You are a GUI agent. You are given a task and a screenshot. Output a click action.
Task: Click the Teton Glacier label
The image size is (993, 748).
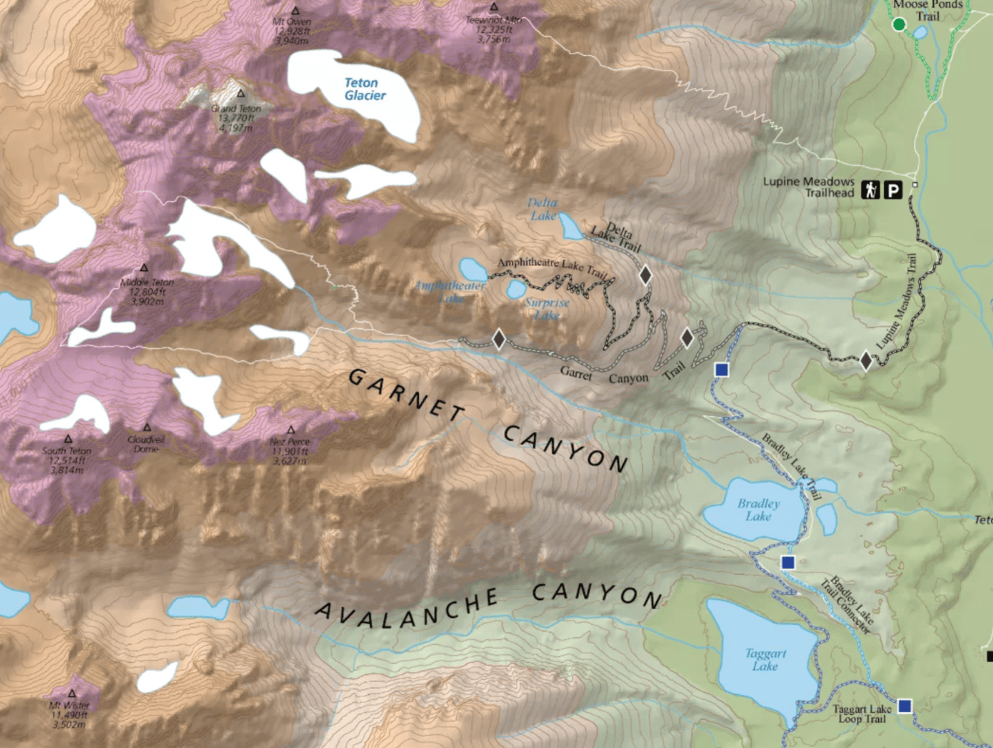tap(364, 89)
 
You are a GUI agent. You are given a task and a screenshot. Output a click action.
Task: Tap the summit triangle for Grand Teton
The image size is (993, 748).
tap(241, 93)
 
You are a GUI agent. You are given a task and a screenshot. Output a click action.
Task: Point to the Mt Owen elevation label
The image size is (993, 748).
tap(292, 32)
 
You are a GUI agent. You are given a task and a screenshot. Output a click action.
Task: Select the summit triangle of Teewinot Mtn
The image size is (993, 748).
tap(493, 8)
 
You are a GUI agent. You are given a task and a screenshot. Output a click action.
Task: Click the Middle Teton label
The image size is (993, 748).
tap(147, 283)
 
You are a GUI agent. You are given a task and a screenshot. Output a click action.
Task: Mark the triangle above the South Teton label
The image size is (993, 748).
tap(68, 439)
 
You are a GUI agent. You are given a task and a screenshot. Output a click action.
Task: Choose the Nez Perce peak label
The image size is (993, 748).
tap(290, 442)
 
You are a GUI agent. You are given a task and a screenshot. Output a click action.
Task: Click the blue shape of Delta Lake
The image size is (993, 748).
tap(571, 226)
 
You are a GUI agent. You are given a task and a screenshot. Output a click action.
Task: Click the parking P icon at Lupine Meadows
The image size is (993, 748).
tap(893, 190)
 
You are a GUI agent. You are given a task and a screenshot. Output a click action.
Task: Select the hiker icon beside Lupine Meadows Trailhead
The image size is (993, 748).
tap(871, 190)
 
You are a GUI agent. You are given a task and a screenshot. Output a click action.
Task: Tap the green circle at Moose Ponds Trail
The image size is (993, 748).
tap(899, 25)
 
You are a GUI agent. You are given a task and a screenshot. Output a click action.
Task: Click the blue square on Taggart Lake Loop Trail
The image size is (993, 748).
tap(905, 706)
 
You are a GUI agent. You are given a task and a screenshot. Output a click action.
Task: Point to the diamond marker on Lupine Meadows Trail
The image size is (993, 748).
tap(866, 360)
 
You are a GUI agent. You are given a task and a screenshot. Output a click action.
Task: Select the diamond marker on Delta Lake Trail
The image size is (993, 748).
tap(645, 275)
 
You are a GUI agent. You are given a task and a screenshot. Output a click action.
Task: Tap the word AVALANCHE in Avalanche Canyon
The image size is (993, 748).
tap(406, 608)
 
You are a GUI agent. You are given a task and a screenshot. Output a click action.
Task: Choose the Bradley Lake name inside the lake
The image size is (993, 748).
tap(759, 509)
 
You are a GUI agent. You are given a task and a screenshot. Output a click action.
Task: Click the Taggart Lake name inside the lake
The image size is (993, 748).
tap(765, 659)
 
